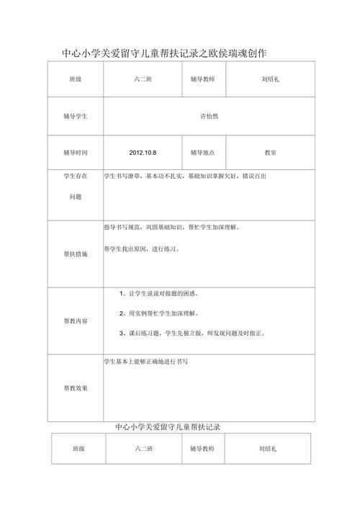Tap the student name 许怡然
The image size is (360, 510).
[x=209, y=115]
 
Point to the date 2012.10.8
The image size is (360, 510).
[x=143, y=153]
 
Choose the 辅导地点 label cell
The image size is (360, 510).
[x=204, y=153]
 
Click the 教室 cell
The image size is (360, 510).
[x=271, y=153]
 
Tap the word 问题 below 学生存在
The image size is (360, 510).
[x=76, y=196]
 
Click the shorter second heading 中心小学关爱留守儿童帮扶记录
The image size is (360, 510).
[x=168, y=427]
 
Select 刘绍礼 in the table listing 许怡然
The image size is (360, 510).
[x=271, y=79]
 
